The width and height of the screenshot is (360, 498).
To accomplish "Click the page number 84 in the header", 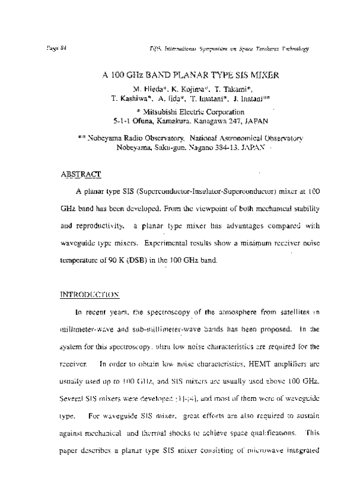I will point(62,47).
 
